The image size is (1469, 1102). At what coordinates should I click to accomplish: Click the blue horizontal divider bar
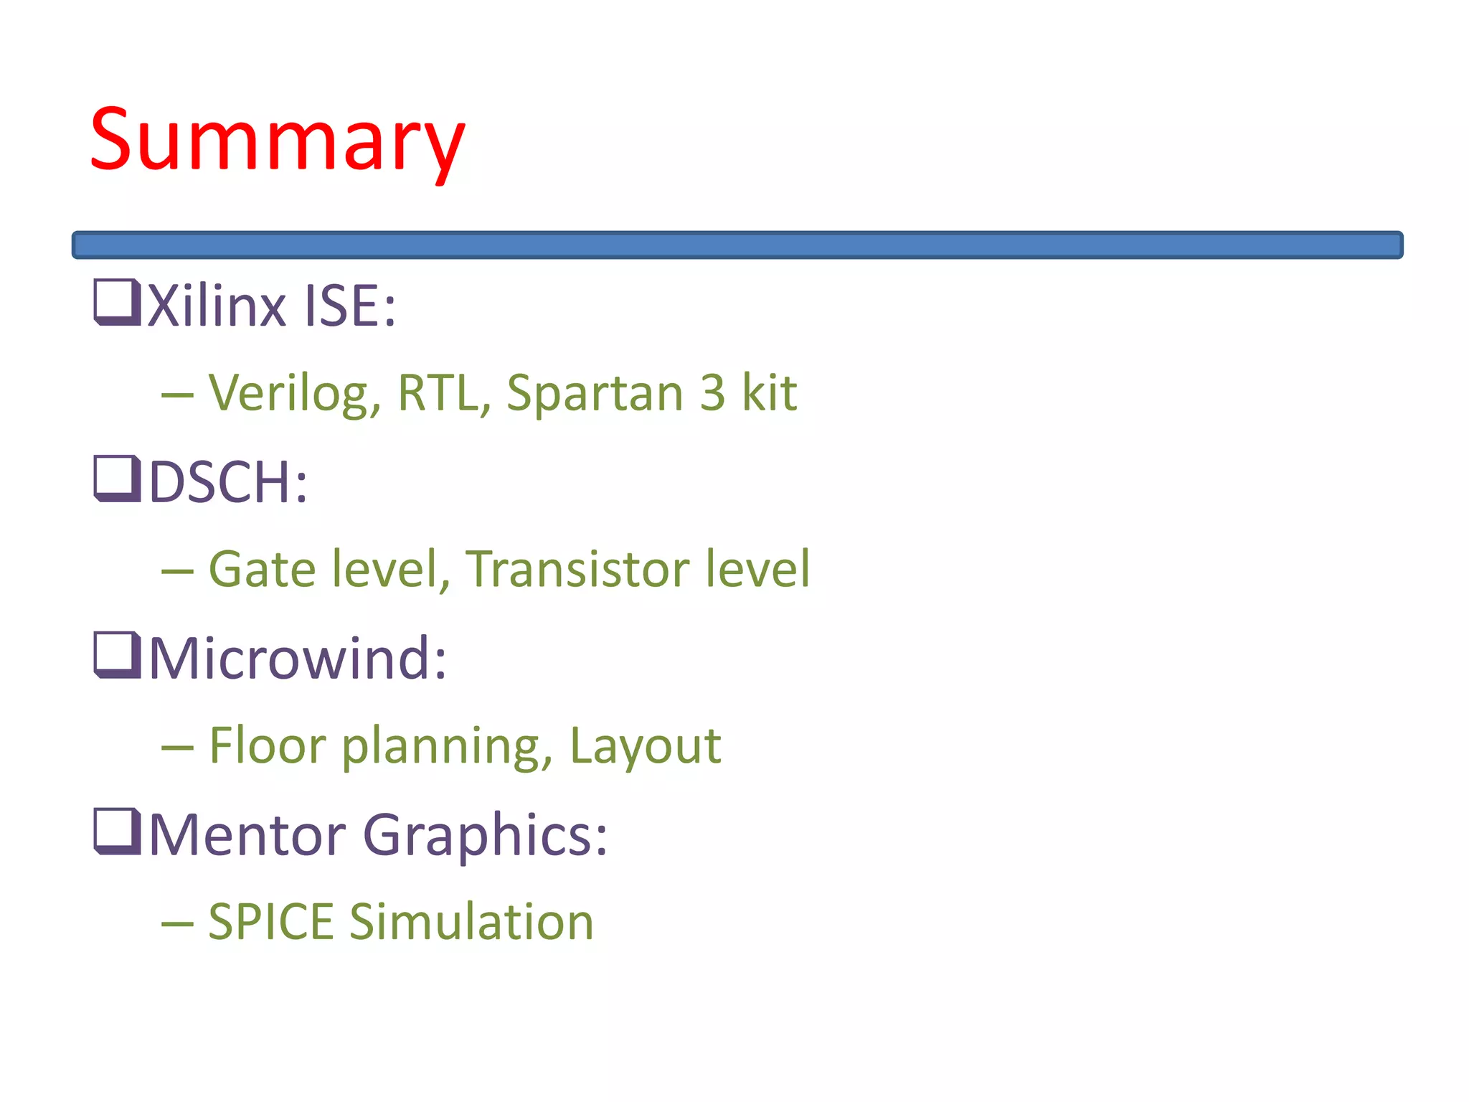coord(737,245)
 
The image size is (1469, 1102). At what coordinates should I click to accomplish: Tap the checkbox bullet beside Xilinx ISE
coord(116,302)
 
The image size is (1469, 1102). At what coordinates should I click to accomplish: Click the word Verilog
coord(295,394)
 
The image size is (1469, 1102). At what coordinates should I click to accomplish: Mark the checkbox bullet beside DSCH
coord(116,479)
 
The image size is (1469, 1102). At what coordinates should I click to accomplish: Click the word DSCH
coord(227,482)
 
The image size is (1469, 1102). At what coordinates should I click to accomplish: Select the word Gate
coord(262,569)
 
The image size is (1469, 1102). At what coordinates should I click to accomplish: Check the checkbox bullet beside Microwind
coord(116,655)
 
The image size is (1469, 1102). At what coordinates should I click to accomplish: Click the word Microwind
coord(297,658)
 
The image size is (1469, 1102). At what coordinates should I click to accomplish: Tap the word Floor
coord(268,745)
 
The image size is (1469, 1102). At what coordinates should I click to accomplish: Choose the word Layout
coord(645,747)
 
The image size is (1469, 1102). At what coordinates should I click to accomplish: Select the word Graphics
coord(486,836)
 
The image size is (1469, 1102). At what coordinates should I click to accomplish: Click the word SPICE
coord(270,922)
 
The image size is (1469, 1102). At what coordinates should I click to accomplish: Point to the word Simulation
coord(472,922)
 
